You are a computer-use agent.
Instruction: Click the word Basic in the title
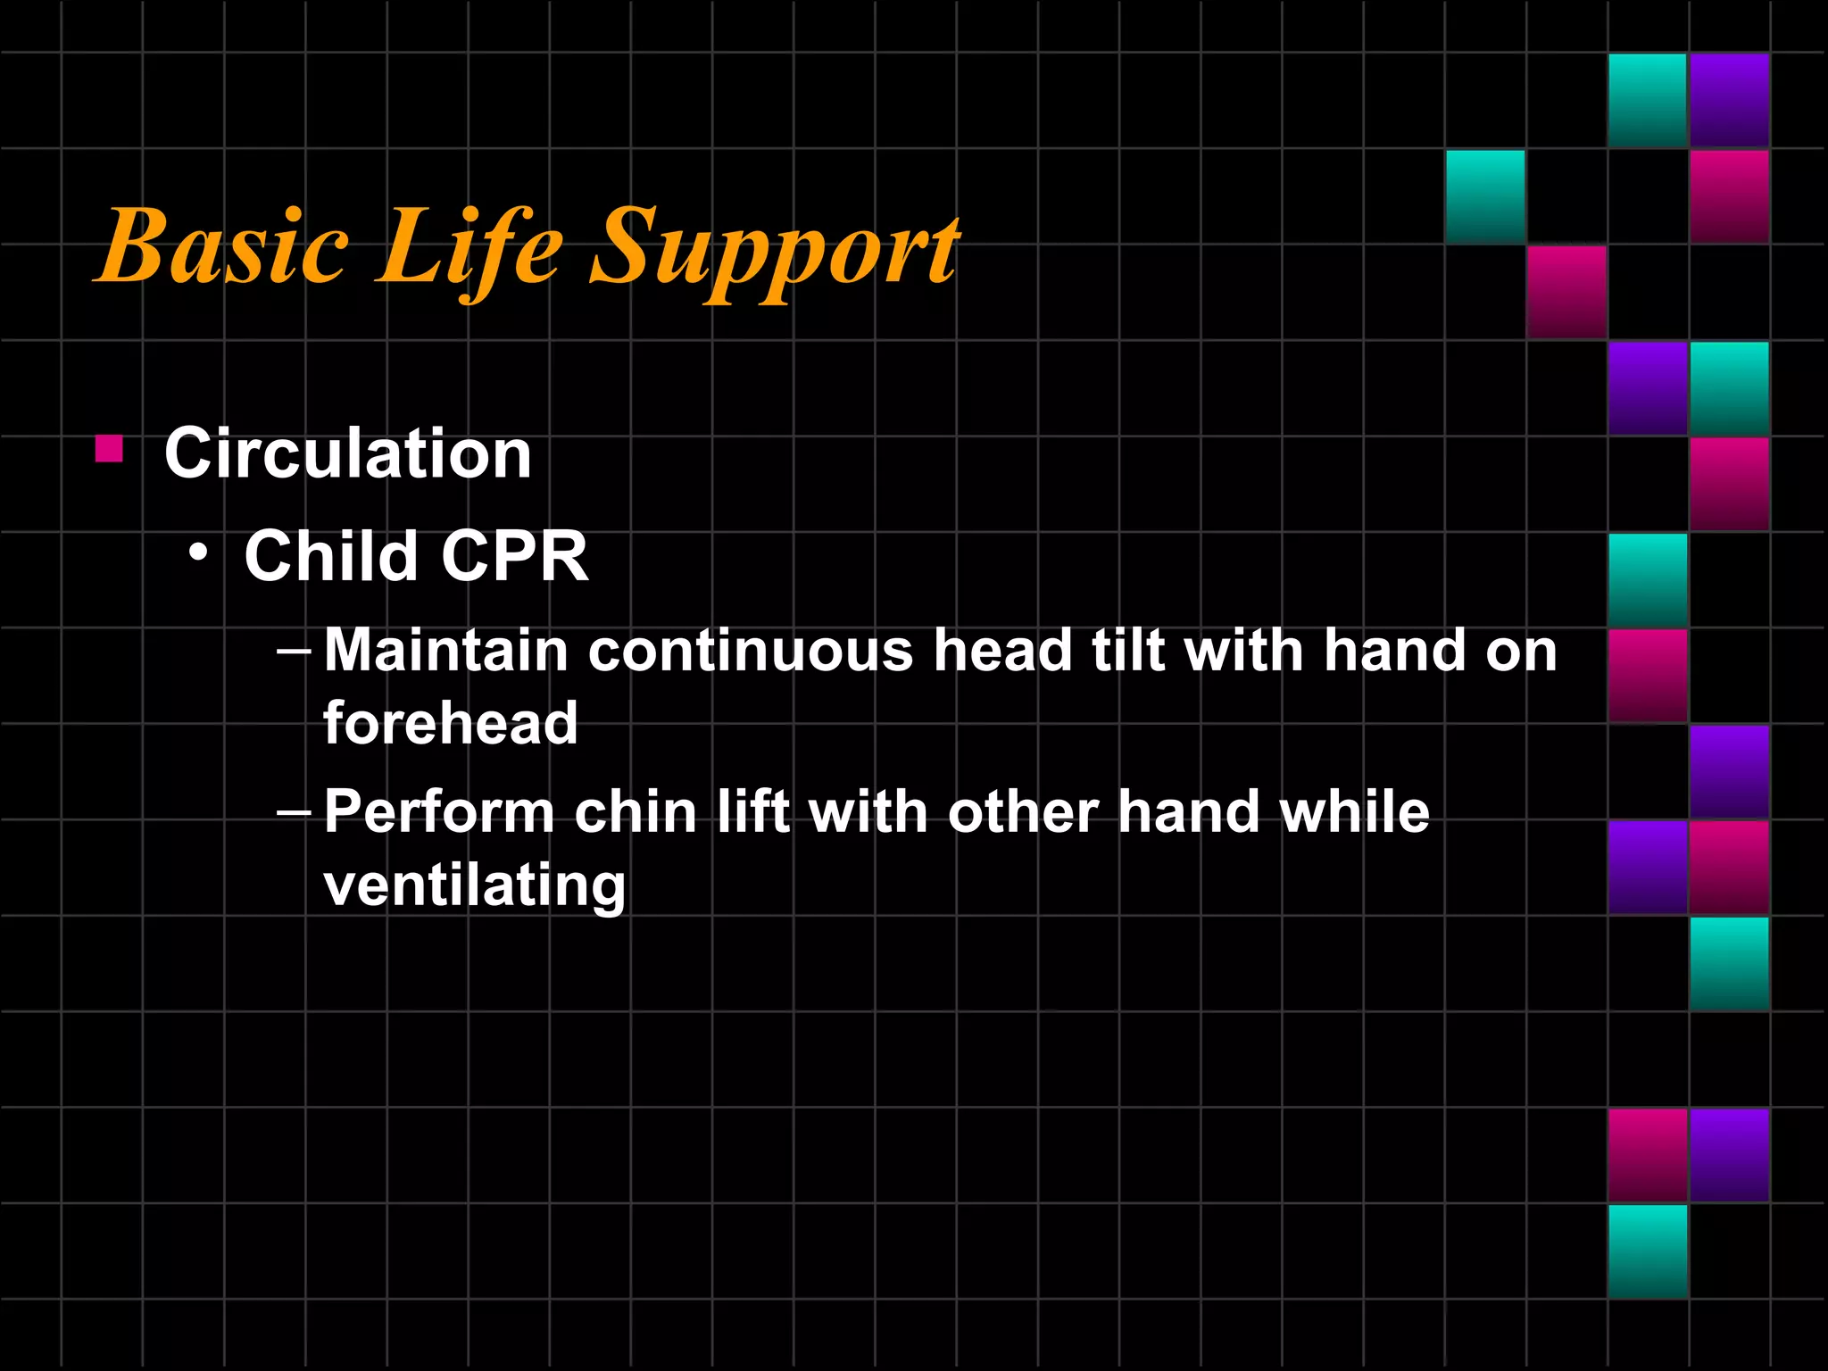tap(223, 246)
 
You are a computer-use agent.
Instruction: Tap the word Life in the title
tap(469, 246)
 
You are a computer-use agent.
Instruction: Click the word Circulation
tap(348, 453)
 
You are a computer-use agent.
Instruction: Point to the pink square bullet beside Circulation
tap(109, 448)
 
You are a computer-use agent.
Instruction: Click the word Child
tap(331, 556)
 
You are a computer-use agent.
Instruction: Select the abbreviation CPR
tap(514, 556)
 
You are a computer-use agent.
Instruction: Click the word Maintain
tap(445, 650)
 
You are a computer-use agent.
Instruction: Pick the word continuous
tap(751, 650)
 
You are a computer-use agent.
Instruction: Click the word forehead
tap(451, 722)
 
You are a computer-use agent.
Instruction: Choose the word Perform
tap(439, 812)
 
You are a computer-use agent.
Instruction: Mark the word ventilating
tap(475, 885)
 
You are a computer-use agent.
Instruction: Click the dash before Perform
tap(294, 813)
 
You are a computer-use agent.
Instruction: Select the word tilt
tap(1128, 650)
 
